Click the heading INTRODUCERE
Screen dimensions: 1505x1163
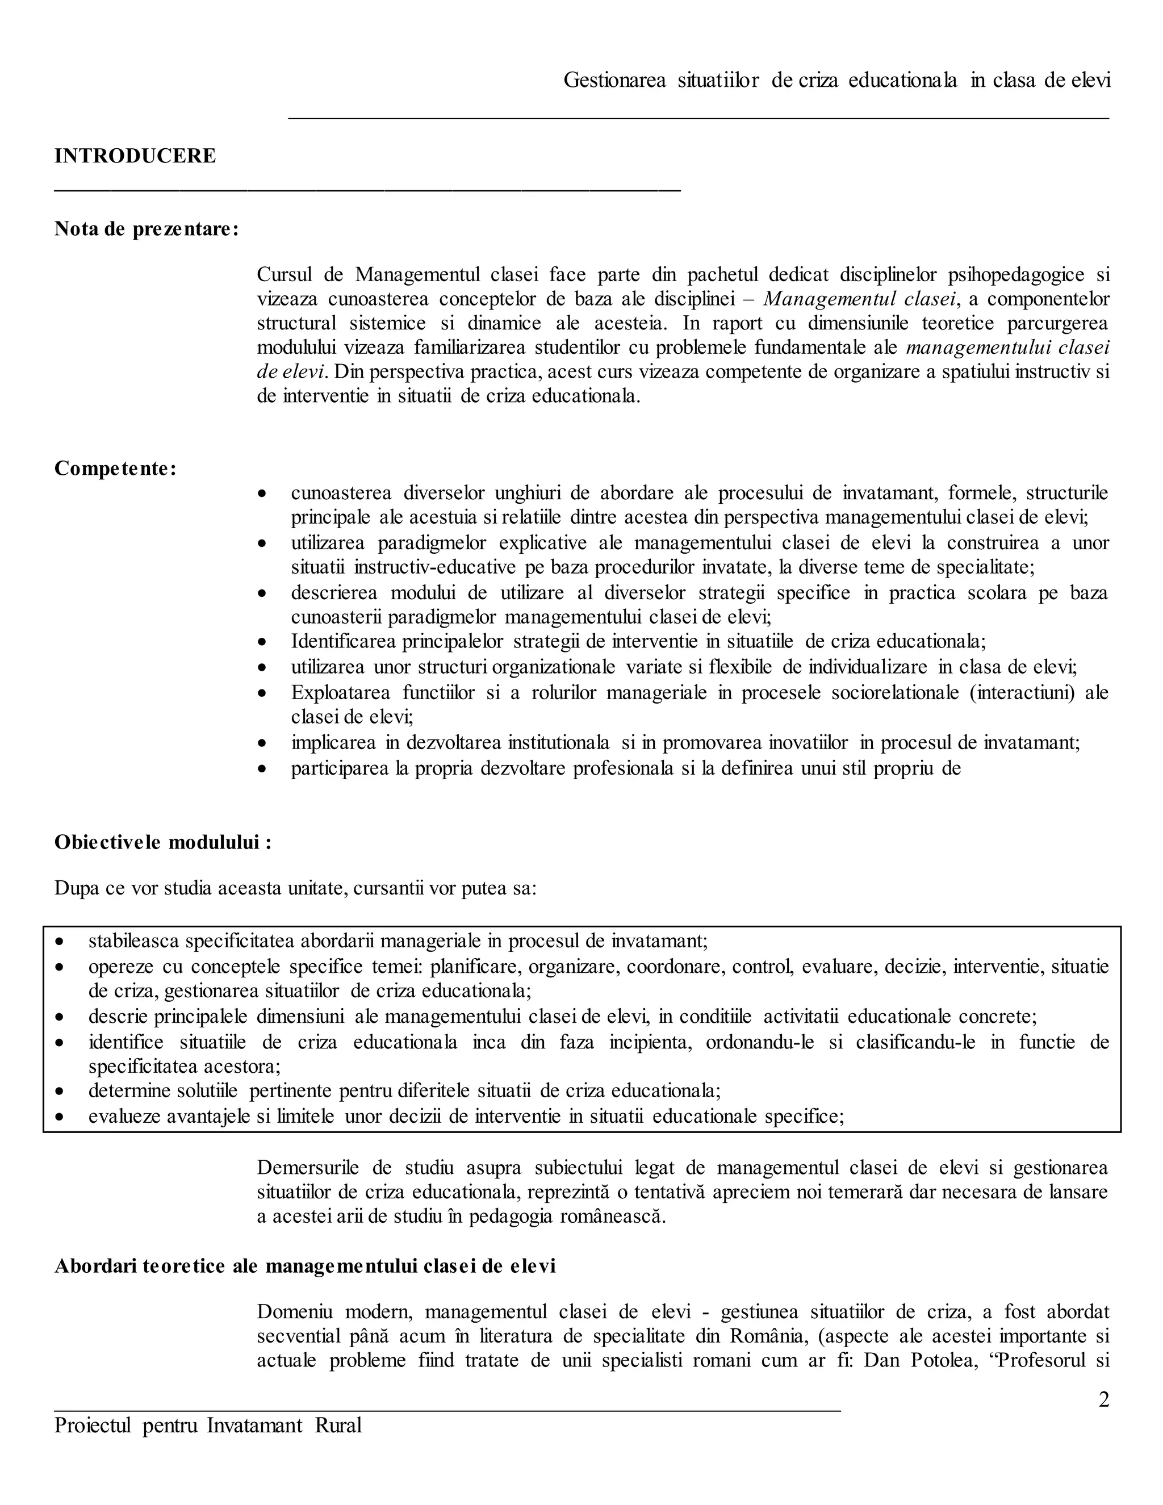pyautogui.click(x=135, y=156)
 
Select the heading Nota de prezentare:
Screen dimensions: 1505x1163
pyautogui.click(x=146, y=229)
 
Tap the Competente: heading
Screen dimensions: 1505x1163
pyautogui.click(x=115, y=469)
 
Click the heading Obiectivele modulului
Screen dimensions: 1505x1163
pyautogui.click(x=162, y=842)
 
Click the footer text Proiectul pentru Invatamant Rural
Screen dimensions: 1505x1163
pyautogui.click(x=207, y=1424)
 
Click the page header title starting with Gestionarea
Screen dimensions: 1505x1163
pyautogui.click(x=836, y=81)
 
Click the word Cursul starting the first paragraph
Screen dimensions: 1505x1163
pyautogui.click(x=285, y=274)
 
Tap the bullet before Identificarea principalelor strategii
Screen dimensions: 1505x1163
pyautogui.click(x=261, y=642)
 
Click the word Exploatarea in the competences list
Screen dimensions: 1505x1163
pyautogui.click(x=340, y=692)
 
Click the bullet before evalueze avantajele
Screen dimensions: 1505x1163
pyautogui.click(x=61, y=1117)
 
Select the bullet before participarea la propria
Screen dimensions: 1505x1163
pyautogui.click(x=261, y=768)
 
